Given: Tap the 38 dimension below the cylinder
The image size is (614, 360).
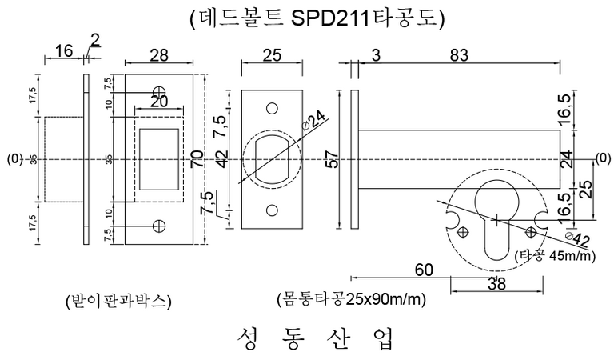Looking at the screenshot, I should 496,285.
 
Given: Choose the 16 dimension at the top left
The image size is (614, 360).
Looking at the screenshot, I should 63,53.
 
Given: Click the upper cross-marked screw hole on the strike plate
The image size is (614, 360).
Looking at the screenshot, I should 160,90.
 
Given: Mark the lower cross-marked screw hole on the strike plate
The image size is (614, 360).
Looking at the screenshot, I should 160,226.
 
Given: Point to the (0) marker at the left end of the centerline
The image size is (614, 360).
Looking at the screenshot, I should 13,158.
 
